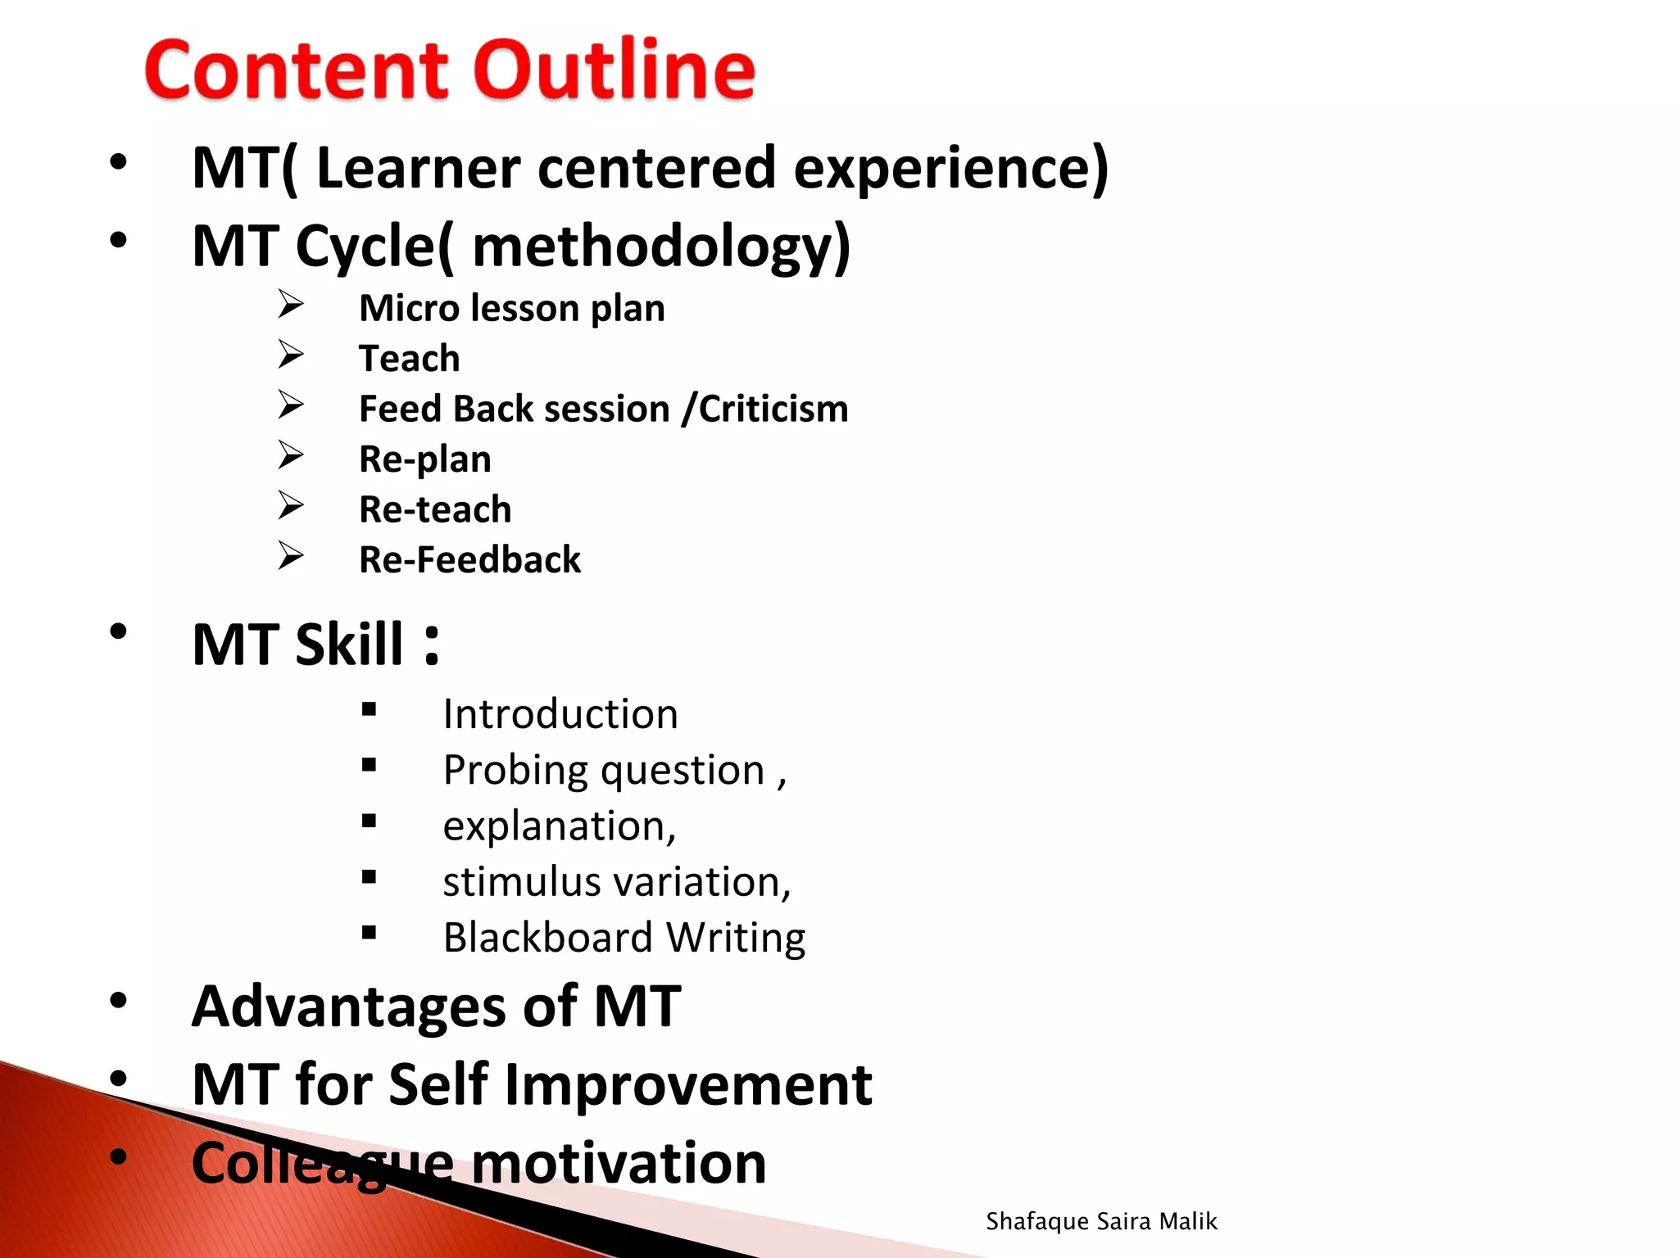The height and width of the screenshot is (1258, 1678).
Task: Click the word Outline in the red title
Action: [x=615, y=70]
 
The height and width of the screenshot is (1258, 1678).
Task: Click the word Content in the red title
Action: [x=297, y=70]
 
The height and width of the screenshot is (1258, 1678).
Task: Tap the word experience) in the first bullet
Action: [x=950, y=168]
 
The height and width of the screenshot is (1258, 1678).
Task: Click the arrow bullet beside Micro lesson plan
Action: [x=290, y=305]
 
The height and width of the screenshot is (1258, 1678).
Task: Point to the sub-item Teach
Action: [x=409, y=359]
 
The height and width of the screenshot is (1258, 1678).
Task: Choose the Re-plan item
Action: [x=424, y=459]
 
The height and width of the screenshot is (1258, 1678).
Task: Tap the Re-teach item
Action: [x=434, y=509]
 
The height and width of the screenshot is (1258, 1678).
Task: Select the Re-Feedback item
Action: [x=469, y=560]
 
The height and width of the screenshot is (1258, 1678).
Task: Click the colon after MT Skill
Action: [x=432, y=645]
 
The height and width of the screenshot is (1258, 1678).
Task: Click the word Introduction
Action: [x=560, y=714]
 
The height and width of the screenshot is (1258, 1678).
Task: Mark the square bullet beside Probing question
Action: [x=369, y=765]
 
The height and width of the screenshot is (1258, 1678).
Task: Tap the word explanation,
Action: [x=560, y=826]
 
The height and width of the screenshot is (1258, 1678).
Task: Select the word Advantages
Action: [x=349, y=1007]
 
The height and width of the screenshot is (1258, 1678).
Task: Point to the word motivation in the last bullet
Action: [x=619, y=1163]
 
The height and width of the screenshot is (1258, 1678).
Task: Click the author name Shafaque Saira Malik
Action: [x=1101, y=1221]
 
